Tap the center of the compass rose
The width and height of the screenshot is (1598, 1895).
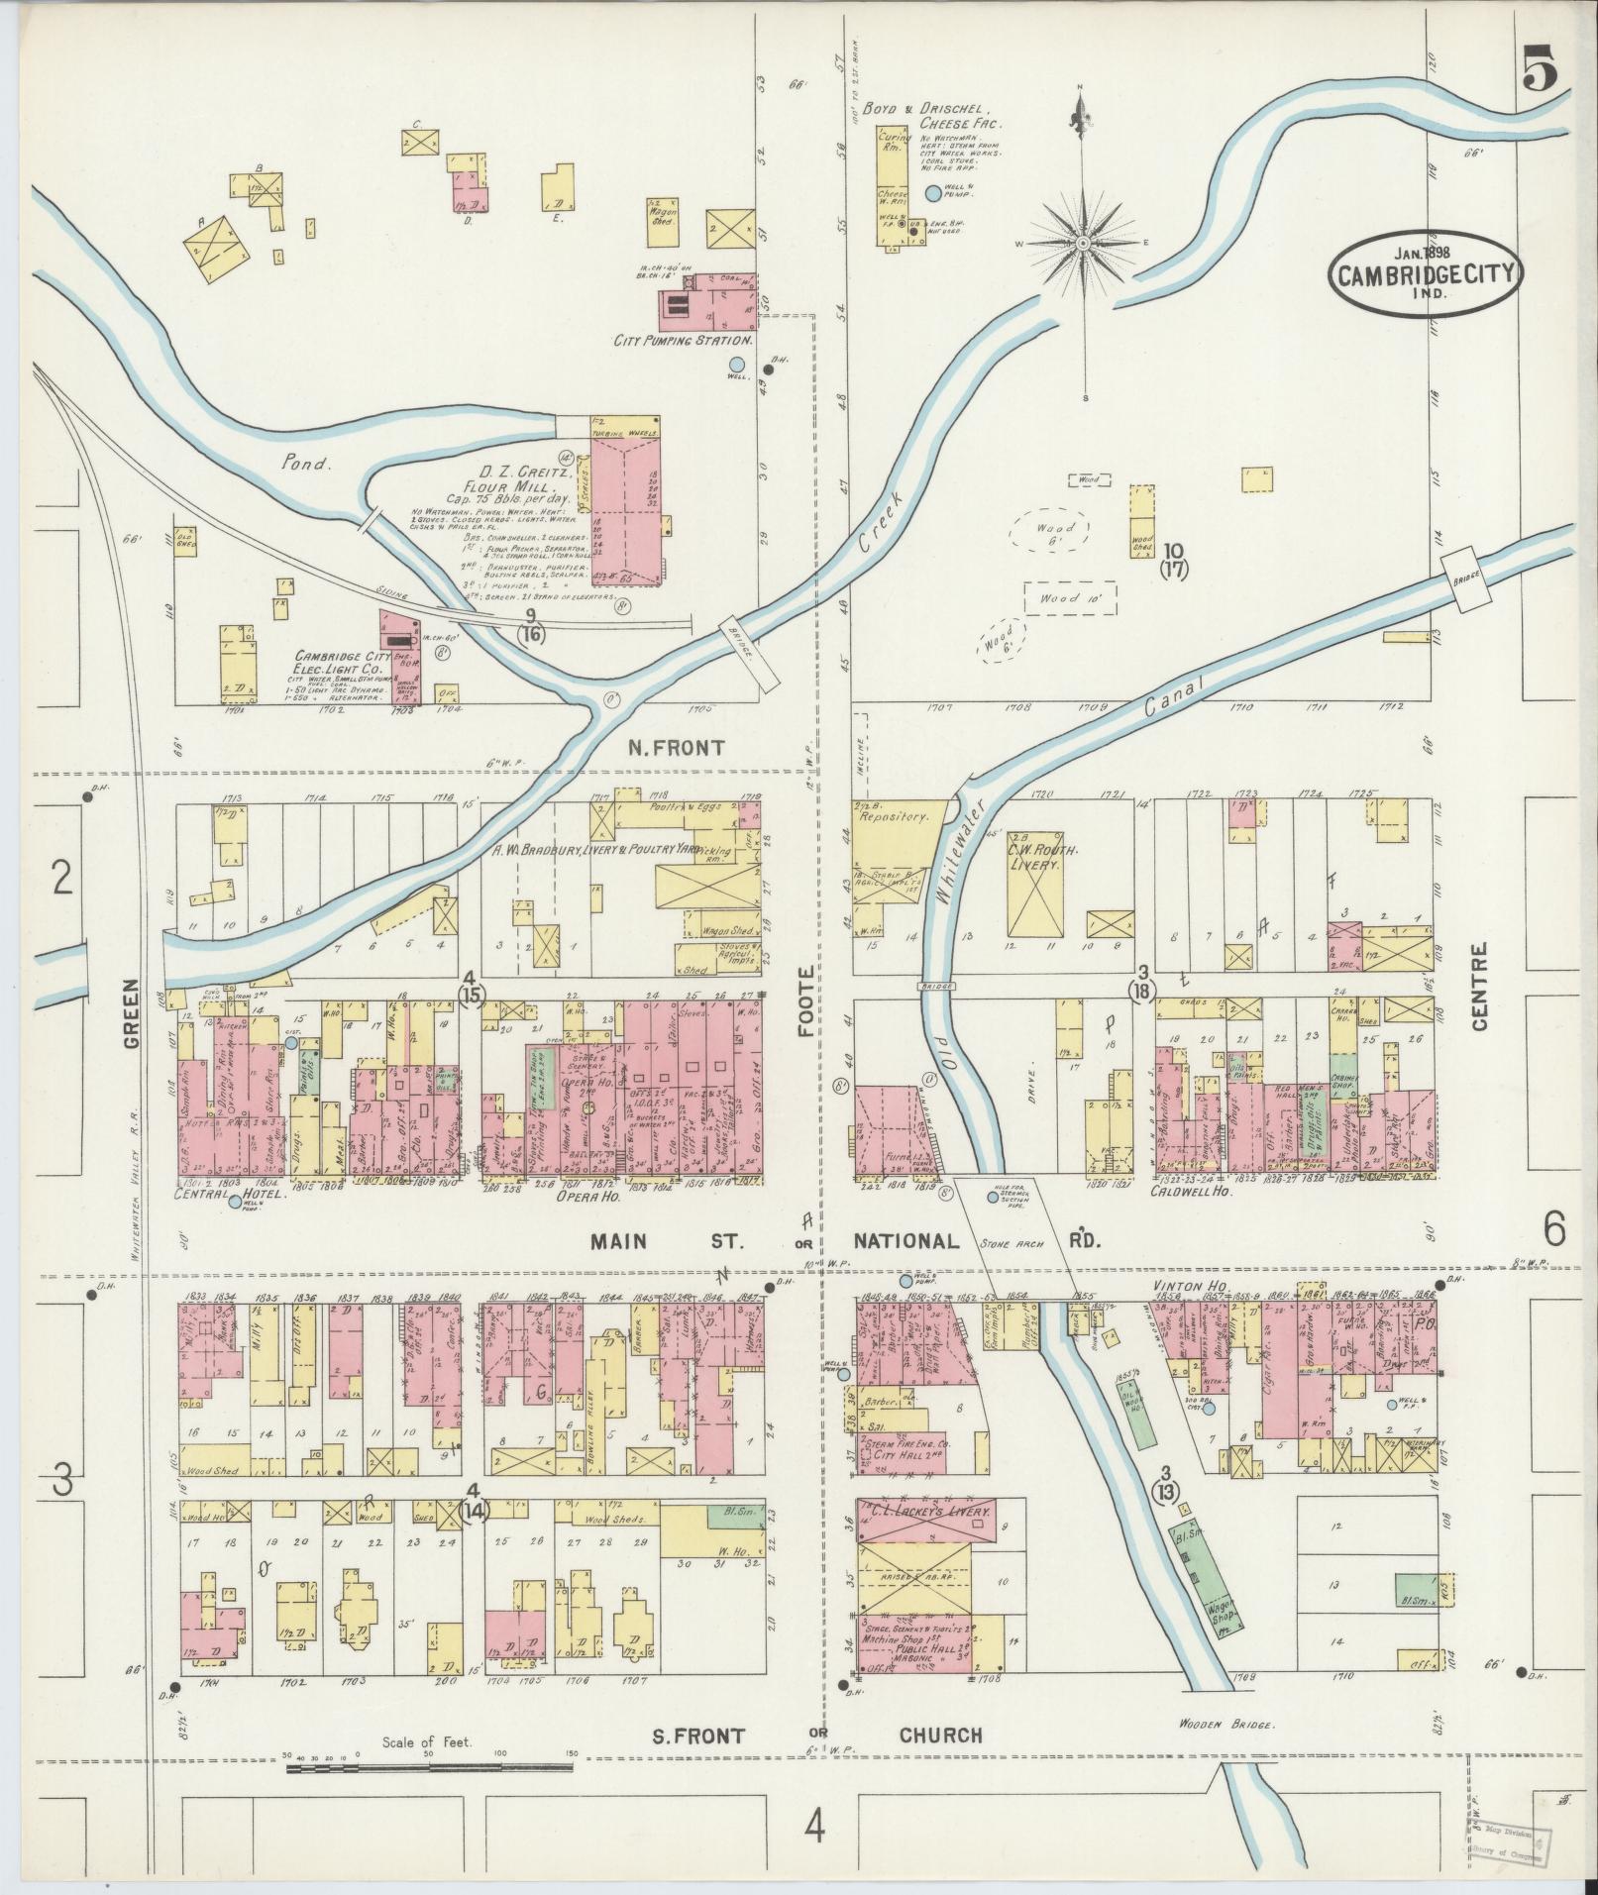click(1084, 242)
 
